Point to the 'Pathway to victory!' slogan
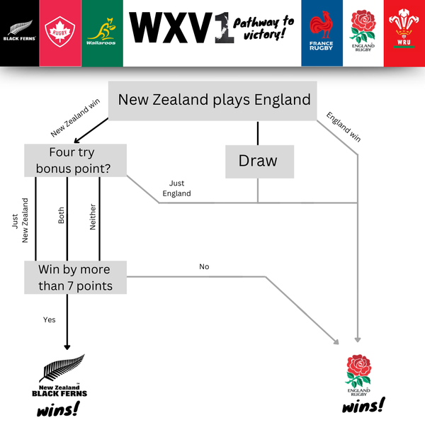point(263,29)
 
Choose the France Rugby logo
point(321,33)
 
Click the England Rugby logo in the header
point(363,33)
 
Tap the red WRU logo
point(404,33)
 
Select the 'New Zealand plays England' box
point(214,100)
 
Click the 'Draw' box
point(257,161)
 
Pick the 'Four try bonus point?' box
point(75,161)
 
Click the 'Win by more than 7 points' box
point(75,277)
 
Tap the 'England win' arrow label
point(343,127)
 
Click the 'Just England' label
point(176,188)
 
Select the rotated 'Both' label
point(61,216)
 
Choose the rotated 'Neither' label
point(92,219)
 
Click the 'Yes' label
point(49,319)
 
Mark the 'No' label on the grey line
point(204,267)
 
